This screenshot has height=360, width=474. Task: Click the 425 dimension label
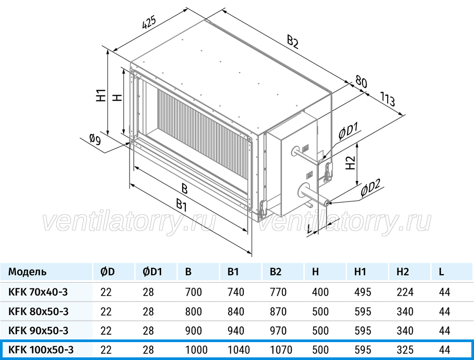(150, 23)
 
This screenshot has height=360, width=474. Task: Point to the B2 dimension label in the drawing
(293, 42)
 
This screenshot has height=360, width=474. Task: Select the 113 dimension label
(387, 99)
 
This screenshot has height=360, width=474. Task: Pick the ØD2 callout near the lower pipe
(370, 188)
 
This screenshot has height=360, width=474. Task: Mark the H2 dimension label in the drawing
(350, 163)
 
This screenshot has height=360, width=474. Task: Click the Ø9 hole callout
(95, 139)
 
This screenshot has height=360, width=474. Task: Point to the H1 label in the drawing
(101, 95)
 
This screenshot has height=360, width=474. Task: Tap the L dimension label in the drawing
(309, 229)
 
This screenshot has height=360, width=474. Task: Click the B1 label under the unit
(181, 206)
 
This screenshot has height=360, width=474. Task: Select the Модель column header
(27, 272)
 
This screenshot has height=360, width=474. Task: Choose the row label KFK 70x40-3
(38, 292)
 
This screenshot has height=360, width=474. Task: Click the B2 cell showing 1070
(281, 350)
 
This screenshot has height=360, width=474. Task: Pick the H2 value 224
(405, 292)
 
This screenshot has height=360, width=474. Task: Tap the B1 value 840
(236, 312)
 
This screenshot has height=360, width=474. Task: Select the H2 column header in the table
(403, 272)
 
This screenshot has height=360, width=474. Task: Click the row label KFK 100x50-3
(41, 350)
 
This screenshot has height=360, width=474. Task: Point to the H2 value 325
(405, 350)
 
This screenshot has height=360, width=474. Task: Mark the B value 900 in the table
(193, 331)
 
